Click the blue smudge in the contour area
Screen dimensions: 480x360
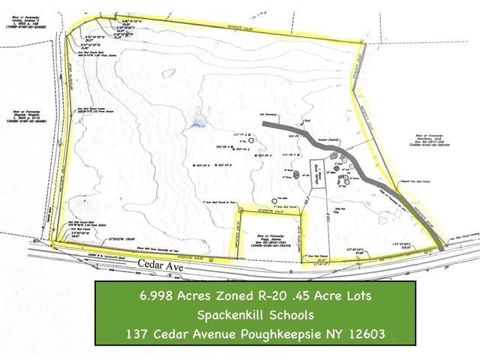(x=197, y=119)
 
